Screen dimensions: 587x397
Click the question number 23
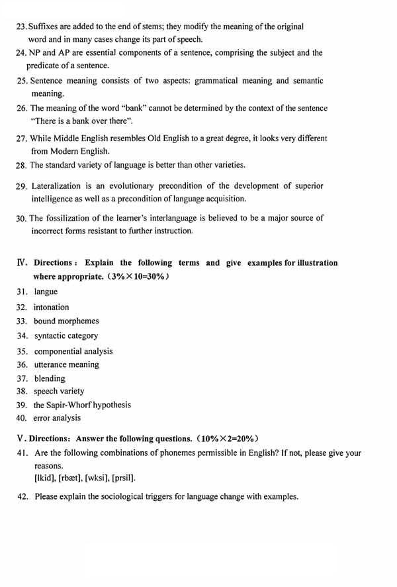tap(22, 27)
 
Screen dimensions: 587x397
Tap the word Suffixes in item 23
tap(47, 27)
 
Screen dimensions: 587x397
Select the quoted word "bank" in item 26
tap(131, 108)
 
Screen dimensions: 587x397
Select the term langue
tap(46, 292)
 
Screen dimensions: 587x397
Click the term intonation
tap(51, 307)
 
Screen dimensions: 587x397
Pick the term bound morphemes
tap(66, 321)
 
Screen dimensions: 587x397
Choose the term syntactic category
tap(66, 336)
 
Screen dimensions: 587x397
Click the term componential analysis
tap(73, 351)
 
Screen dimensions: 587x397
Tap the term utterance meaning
tap(66, 365)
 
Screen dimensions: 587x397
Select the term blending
tap(50, 379)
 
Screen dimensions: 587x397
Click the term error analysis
tap(57, 418)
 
